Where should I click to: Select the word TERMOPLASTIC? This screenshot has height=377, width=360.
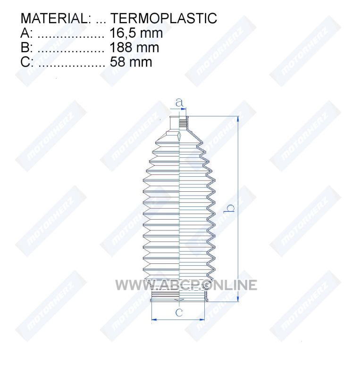point(164,18)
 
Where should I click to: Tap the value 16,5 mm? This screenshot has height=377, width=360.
point(136,33)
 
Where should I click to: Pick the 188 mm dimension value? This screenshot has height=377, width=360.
point(134,48)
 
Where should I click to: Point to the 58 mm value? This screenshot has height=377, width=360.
point(131,62)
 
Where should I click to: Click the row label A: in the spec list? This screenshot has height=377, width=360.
point(26,33)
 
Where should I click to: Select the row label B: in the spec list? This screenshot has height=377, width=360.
point(26,48)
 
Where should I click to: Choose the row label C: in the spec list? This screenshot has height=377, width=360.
point(27,62)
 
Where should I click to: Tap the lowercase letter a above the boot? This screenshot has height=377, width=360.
point(179,103)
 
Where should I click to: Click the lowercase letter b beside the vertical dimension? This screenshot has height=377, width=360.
point(229,208)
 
